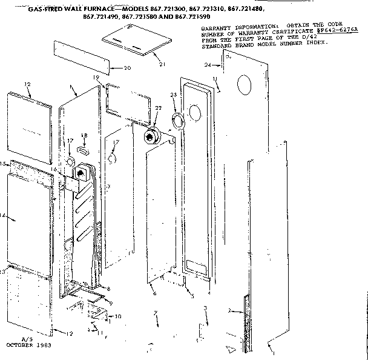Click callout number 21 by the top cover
click(161, 64)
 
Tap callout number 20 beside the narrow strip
click(126, 67)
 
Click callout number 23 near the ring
click(173, 95)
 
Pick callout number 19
click(96, 78)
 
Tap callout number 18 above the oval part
click(84, 135)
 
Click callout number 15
click(4, 164)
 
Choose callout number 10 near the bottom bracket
click(118, 316)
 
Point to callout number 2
click(229, 310)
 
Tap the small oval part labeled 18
click(85, 147)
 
